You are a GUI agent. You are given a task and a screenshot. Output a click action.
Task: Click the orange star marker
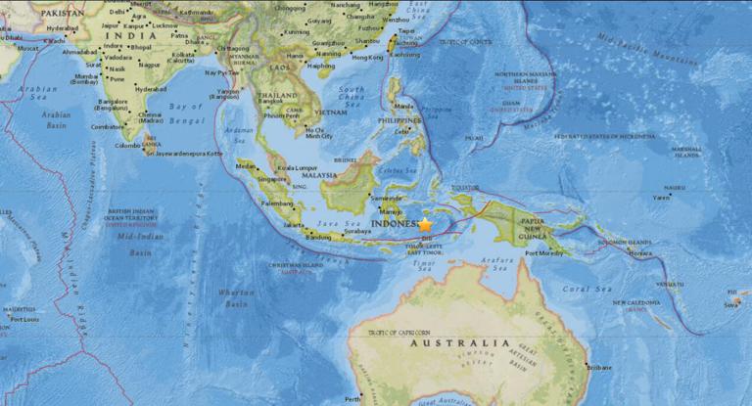pos(426,225)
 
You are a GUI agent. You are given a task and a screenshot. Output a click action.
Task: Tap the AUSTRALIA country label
pos(460,343)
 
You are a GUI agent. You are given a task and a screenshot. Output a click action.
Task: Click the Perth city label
pos(352,399)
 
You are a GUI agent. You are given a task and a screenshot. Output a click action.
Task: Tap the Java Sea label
pos(357,224)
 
